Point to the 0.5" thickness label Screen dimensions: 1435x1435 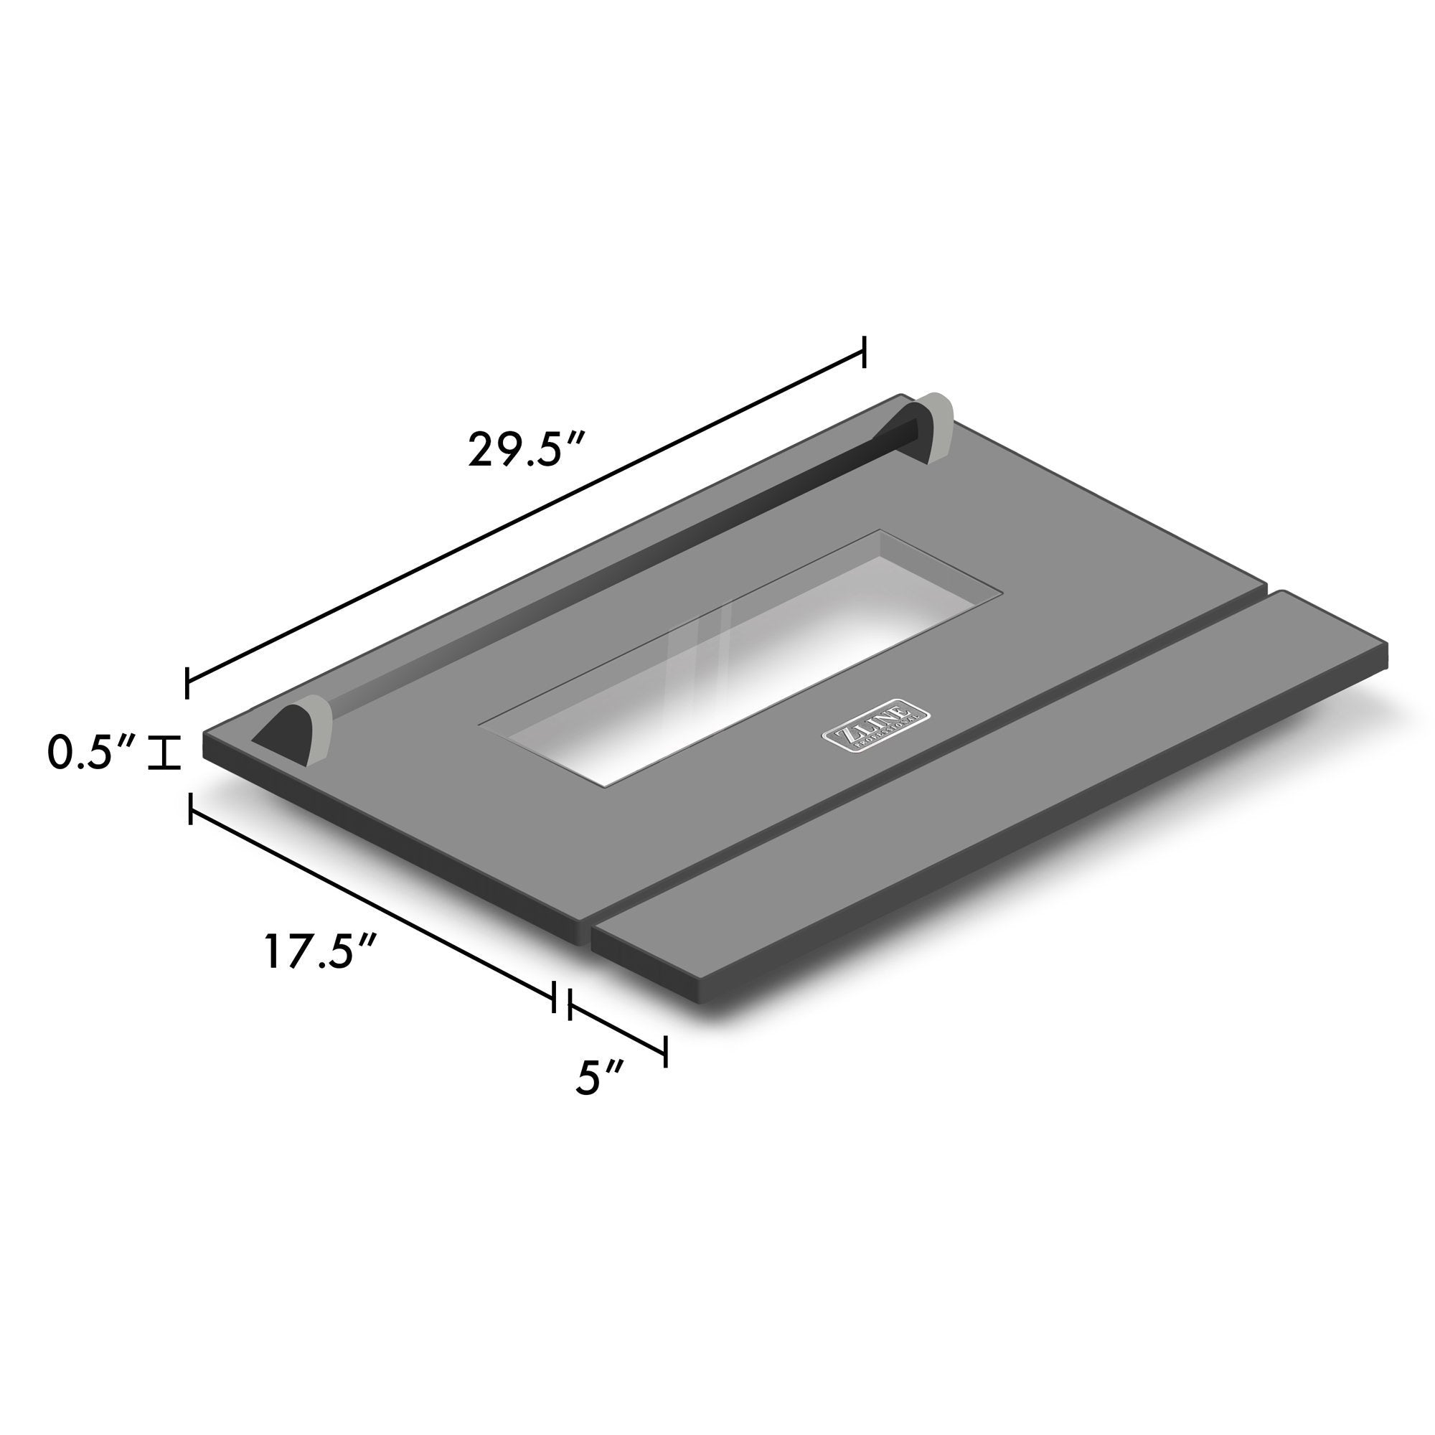pos(90,753)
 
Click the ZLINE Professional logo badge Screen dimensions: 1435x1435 pos(875,725)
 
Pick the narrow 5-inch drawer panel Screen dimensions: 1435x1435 pos(988,795)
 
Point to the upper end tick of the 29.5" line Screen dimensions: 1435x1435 pos(863,351)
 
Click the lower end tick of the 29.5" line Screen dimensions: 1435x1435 pos(187,682)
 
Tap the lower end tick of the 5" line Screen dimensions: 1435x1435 pos(666,1051)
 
